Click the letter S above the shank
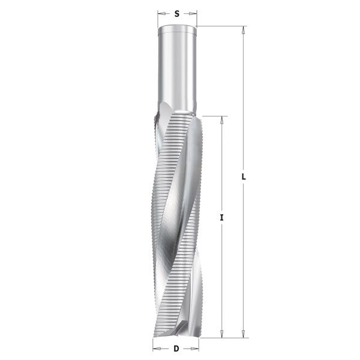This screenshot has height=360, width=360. pyautogui.click(x=178, y=12)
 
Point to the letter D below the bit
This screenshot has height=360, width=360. pyautogui.click(x=176, y=348)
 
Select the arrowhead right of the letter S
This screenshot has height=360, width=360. pyautogui.click(x=194, y=12)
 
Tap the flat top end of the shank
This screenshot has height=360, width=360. pyautogui.click(x=178, y=28)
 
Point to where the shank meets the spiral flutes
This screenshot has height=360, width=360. pyautogui.click(x=178, y=113)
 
